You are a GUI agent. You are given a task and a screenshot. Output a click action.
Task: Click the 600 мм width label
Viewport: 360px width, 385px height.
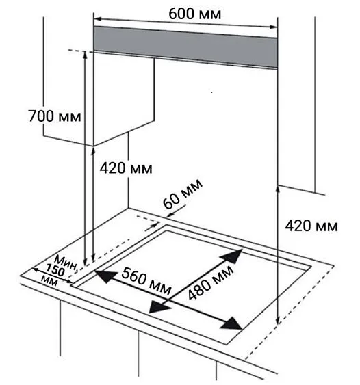click(x=194, y=14)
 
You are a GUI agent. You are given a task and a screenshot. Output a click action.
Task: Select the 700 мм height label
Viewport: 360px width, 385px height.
click(x=54, y=116)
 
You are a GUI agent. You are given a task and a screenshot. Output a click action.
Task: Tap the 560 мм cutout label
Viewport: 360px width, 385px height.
click(x=146, y=280)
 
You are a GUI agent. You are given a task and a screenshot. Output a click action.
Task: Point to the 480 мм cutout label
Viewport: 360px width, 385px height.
click(x=210, y=282)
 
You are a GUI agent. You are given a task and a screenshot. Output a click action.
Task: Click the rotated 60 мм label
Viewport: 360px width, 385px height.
click(x=183, y=194)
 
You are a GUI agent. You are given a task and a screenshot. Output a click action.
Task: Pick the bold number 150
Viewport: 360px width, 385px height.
click(x=55, y=270)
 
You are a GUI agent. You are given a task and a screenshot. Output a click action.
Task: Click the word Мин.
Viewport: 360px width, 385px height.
click(x=66, y=263)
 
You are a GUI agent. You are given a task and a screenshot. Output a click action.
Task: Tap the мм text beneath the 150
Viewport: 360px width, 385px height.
click(x=49, y=281)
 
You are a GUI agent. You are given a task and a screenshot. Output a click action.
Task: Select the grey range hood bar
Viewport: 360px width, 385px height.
click(x=185, y=47)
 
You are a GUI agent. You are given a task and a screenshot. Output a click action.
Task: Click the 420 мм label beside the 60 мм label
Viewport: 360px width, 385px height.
click(x=126, y=168)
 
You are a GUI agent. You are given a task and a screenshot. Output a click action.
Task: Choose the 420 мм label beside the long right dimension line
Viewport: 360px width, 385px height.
click(x=311, y=226)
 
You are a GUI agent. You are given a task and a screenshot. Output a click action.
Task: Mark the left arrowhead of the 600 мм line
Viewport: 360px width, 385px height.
click(x=98, y=19)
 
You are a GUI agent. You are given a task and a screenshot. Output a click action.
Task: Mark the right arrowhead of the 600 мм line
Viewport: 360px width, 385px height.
click(x=274, y=27)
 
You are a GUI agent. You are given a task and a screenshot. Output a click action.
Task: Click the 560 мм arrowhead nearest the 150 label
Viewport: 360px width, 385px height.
click(x=105, y=276)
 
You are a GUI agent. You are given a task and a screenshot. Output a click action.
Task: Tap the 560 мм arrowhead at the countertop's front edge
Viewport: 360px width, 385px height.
click(x=231, y=323)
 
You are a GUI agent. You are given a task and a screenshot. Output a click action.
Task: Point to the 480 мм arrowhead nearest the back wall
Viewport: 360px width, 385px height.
click(x=232, y=256)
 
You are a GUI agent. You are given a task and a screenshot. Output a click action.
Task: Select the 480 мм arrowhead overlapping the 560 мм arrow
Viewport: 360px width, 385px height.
click(x=159, y=306)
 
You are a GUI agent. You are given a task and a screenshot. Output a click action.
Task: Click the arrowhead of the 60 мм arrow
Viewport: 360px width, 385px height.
click(x=169, y=215)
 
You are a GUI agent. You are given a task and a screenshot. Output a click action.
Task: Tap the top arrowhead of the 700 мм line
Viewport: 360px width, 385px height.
click(x=85, y=55)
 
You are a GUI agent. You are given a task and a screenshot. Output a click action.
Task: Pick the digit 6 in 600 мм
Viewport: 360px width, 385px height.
click(x=172, y=14)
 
